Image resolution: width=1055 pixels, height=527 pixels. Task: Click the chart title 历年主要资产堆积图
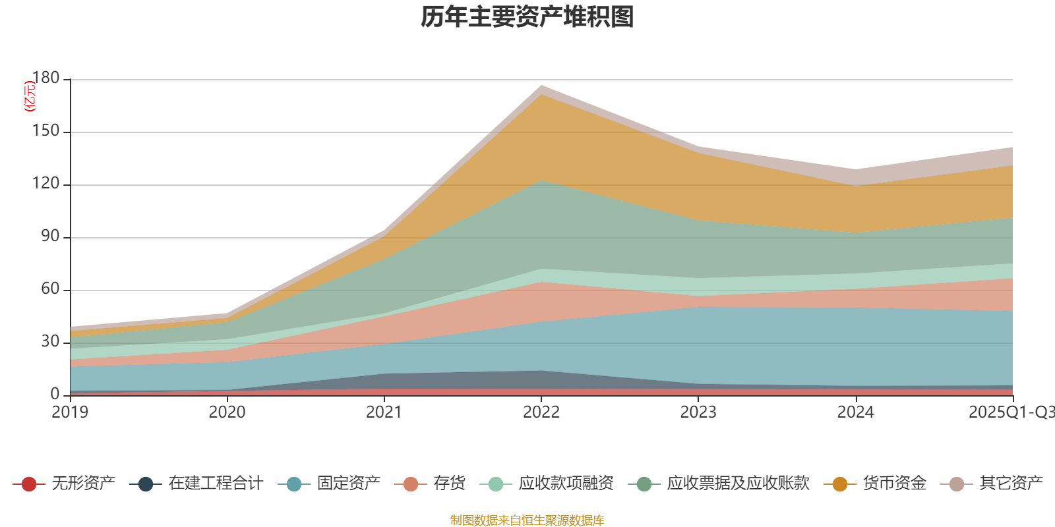[527, 18]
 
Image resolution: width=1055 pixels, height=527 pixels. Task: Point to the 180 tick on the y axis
[45, 78]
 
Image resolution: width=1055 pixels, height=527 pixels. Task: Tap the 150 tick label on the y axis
[45, 131]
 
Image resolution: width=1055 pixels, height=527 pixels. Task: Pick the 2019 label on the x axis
[70, 412]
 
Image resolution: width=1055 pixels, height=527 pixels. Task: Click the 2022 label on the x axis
[541, 412]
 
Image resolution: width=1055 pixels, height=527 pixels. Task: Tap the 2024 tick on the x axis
[855, 412]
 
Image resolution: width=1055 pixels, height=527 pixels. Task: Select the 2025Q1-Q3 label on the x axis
[1011, 412]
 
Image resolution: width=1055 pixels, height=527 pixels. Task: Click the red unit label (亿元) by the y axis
[30, 96]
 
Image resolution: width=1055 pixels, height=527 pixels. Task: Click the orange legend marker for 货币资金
[840, 484]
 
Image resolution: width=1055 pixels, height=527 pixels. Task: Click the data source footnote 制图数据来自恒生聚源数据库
[527, 520]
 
